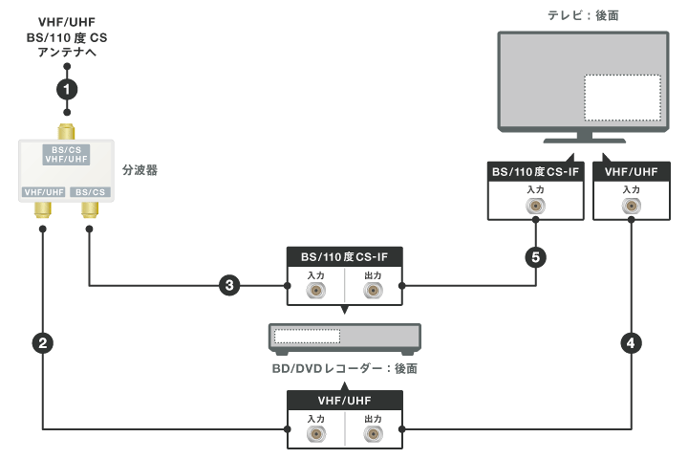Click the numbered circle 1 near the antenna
(x=66, y=89)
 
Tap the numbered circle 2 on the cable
(x=42, y=342)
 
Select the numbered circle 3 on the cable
(x=228, y=285)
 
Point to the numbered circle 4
(x=631, y=342)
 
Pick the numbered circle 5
(x=535, y=256)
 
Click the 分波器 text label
(x=140, y=171)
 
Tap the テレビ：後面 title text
(x=580, y=15)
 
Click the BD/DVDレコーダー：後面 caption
(x=345, y=368)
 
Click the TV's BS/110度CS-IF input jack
(x=535, y=205)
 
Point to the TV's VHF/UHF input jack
(x=631, y=205)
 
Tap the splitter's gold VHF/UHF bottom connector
(x=43, y=207)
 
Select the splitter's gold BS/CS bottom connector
(x=90, y=207)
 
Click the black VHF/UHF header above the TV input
(x=631, y=171)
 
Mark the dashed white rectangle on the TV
(x=622, y=97)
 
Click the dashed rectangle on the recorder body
(x=307, y=337)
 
